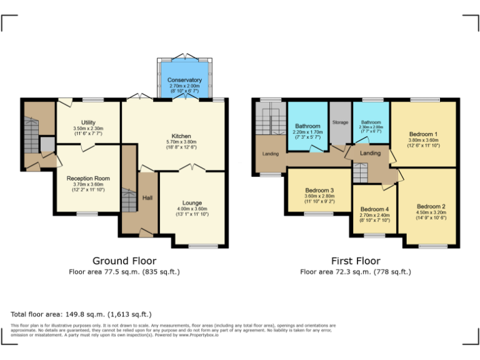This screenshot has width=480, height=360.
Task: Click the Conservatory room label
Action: pyautogui.click(x=184, y=80)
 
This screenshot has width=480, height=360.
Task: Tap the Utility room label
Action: pyautogui.click(x=88, y=122)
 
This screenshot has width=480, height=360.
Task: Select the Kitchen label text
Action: pyautogui.click(x=181, y=136)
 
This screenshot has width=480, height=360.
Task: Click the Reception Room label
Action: pyautogui.click(x=88, y=178)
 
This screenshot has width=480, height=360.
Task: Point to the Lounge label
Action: pyautogui.click(x=192, y=202)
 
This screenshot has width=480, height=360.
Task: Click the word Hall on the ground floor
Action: pyautogui.click(x=147, y=198)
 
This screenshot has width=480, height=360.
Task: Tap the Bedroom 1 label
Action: pyautogui.click(x=423, y=134)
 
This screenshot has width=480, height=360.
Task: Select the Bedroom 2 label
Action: pyautogui.click(x=431, y=206)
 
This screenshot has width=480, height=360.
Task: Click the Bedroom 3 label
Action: pyautogui.click(x=319, y=190)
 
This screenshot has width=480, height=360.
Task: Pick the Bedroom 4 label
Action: pyautogui.click(x=375, y=209)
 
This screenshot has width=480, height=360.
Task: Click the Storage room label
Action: pyautogui.click(x=340, y=122)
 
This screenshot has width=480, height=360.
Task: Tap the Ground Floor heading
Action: pyautogui.click(x=124, y=261)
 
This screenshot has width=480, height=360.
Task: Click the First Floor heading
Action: pyautogui.click(x=356, y=261)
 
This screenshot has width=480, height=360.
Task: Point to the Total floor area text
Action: pyautogui.click(x=81, y=314)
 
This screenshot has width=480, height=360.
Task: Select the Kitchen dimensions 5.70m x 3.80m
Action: pyautogui.click(x=181, y=142)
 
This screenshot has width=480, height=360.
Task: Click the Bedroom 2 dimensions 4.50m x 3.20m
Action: pyautogui.click(x=431, y=212)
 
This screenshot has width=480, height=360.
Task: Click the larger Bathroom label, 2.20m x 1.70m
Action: pyautogui.click(x=307, y=126)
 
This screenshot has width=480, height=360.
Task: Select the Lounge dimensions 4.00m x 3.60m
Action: pyautogui.click(x=192, y=209)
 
